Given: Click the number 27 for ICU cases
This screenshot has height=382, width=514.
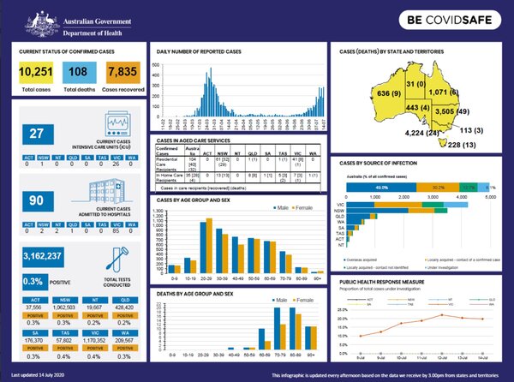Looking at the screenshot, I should [36, 134].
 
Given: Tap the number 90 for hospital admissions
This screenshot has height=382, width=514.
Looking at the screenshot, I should [36, 200].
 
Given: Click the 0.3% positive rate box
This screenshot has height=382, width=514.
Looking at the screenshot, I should [33, 279].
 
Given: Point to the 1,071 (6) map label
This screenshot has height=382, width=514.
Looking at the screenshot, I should [445, 91].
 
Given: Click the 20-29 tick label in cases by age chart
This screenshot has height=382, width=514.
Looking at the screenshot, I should [206, 279].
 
